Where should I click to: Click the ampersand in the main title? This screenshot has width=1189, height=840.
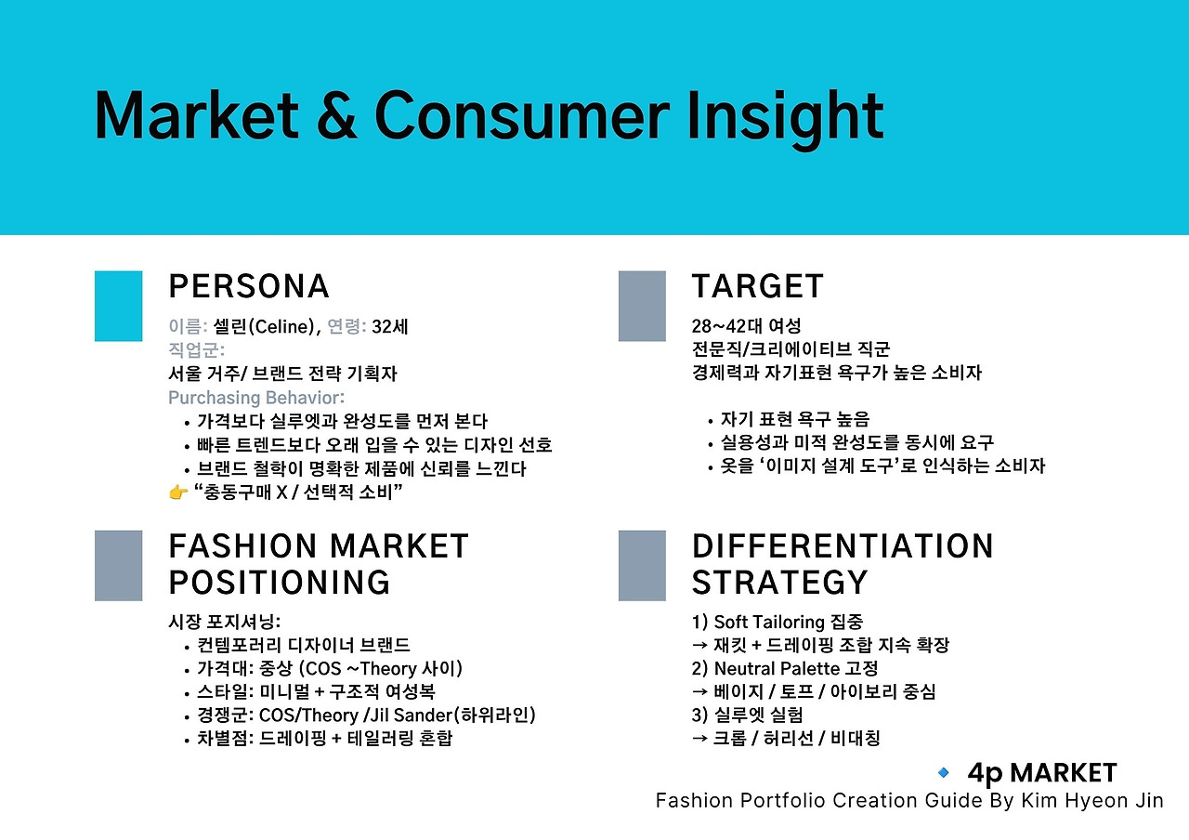[x=336, y=116]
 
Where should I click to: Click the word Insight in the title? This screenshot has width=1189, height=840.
[x=785, y=120]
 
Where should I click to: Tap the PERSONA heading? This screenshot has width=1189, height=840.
[x=249, y=286]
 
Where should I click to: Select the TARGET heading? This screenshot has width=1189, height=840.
[x=757, y=286]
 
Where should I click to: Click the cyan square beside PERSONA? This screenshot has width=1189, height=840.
[x=118, y=306]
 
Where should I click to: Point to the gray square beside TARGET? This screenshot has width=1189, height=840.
[x=642, y=306]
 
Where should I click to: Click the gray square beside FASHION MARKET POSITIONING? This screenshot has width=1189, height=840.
[x=118, y=566]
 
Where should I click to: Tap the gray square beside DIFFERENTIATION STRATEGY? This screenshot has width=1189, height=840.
[x=642, y=566]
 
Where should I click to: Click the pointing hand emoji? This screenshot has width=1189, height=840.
[x=178, y=492]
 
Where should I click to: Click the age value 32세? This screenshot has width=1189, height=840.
[x=389, y=326]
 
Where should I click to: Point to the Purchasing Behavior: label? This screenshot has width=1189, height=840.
[x=256, y=398]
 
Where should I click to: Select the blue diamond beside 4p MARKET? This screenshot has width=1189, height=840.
[x=943, y=772]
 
